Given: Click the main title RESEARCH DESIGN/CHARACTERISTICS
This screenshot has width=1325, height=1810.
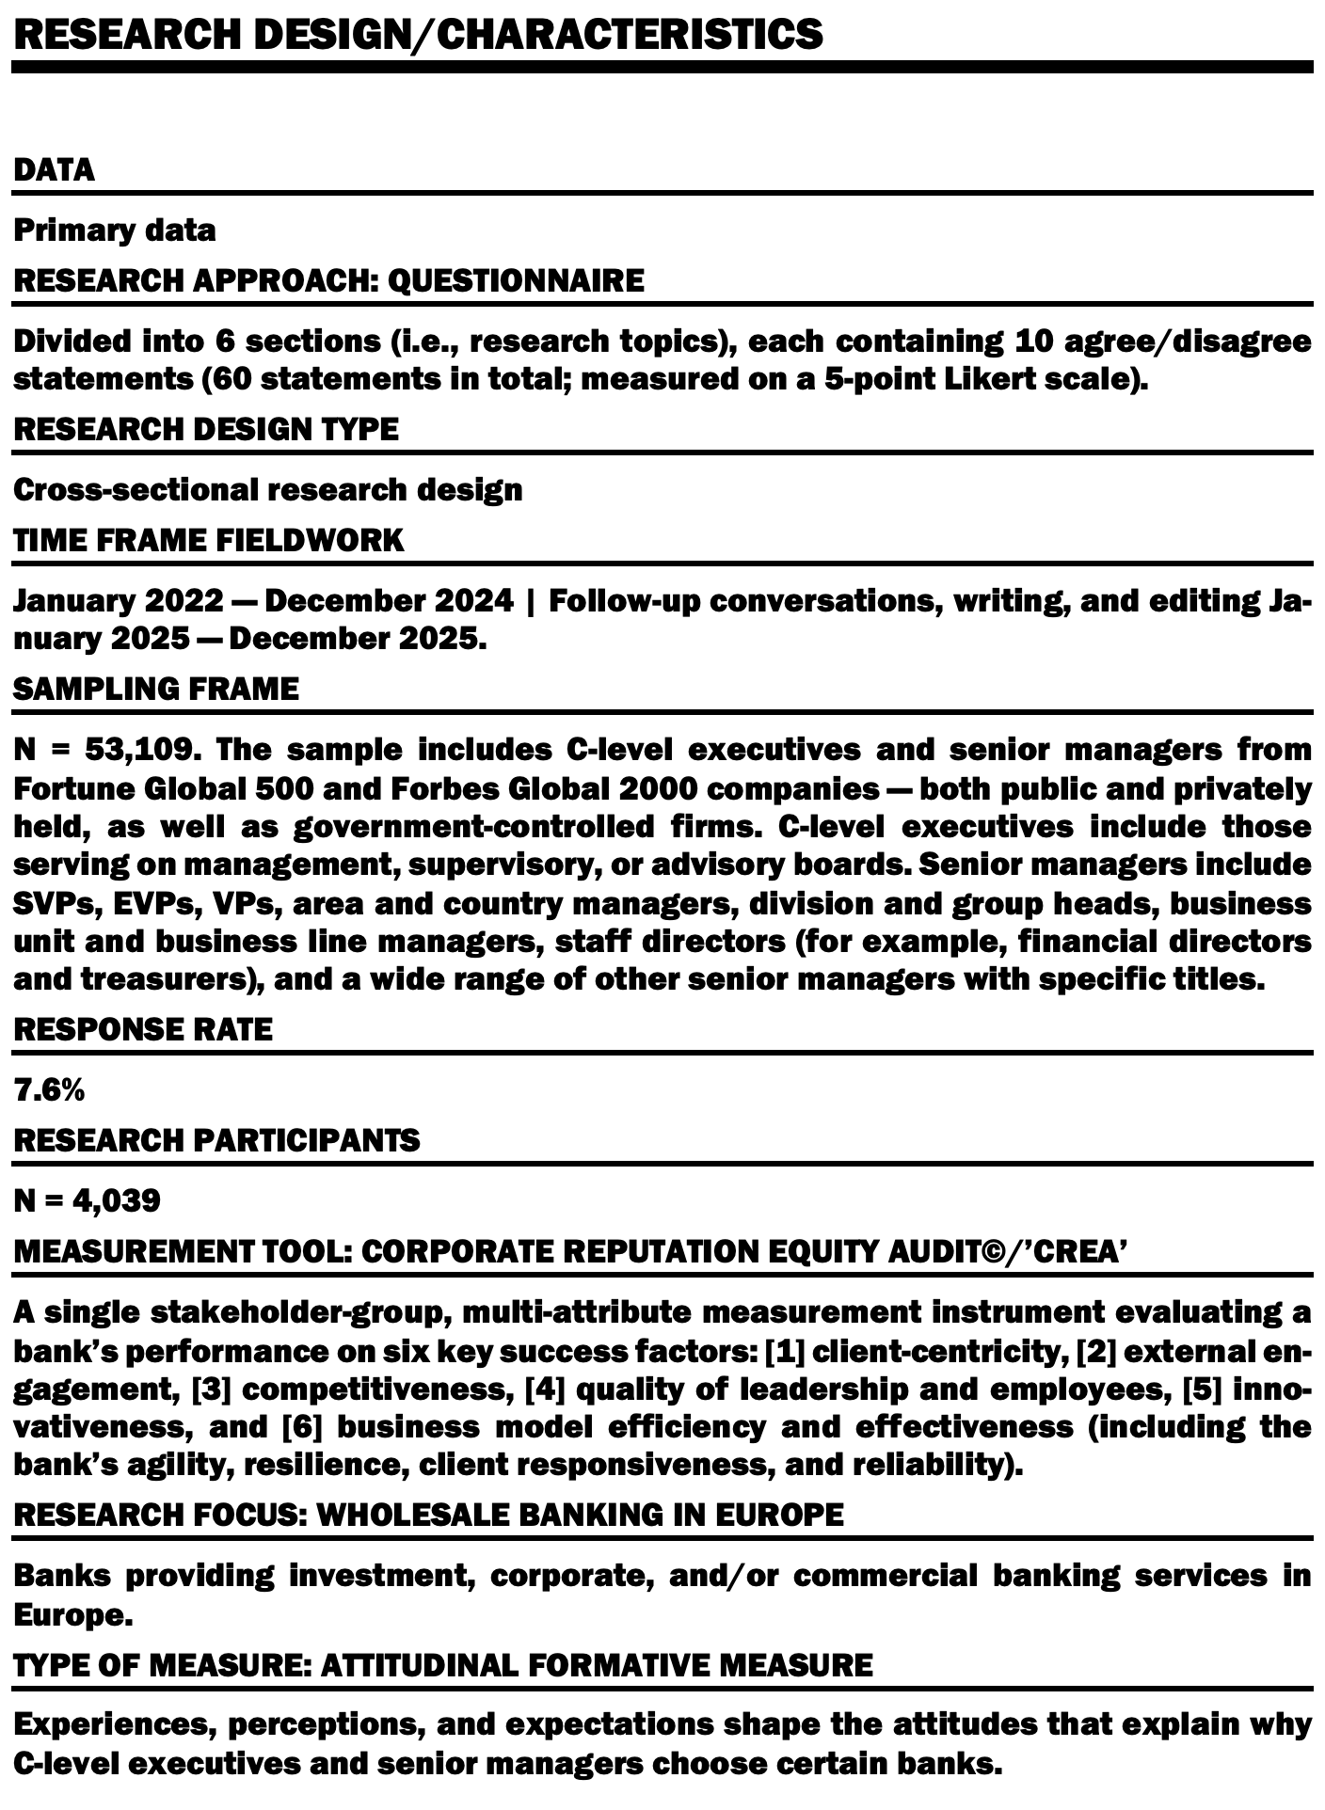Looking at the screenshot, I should point(419,35).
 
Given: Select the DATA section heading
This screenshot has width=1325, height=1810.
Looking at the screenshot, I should point(54,170).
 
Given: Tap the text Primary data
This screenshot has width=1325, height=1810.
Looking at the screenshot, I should point(114,230).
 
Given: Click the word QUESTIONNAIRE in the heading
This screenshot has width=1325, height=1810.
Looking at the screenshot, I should point(516,280).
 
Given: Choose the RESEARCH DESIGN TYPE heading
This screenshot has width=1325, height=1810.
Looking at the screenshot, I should point(206,430).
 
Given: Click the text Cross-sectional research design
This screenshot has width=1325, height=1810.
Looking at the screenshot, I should point(267,490).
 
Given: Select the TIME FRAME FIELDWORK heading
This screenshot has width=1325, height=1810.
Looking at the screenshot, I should point(208,540).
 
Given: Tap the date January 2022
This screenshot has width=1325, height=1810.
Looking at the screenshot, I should point(119,600).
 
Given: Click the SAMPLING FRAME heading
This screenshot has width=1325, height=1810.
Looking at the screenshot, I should point(155,690).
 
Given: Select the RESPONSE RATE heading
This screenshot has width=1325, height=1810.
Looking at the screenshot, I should point(143,1029).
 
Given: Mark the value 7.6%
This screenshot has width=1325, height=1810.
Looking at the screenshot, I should point(49,1090).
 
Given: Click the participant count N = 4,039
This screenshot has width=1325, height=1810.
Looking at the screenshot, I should point(87,1200).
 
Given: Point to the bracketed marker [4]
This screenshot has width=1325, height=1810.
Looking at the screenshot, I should point(541,1389).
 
